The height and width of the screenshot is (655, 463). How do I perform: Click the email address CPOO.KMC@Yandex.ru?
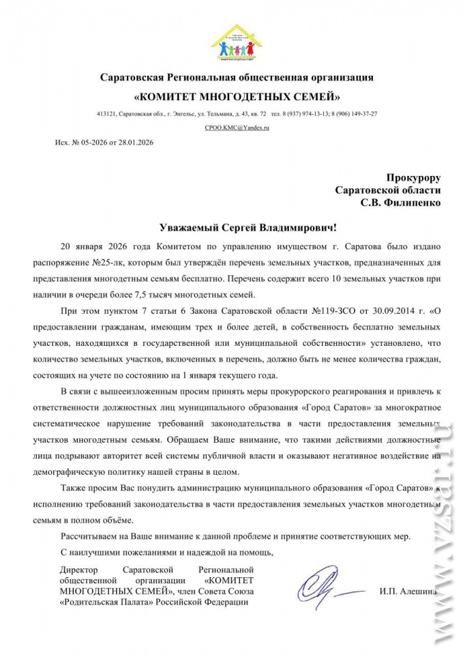point(233,128)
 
